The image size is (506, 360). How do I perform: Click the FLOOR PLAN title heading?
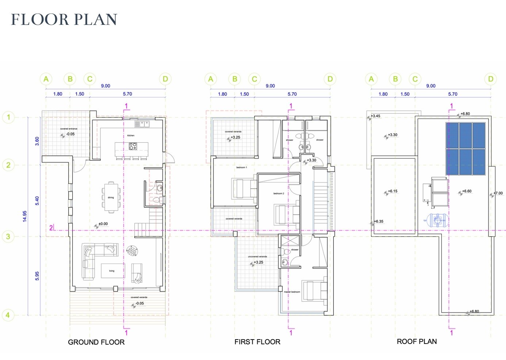pos(64,19)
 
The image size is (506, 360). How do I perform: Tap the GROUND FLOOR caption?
pos(96,342)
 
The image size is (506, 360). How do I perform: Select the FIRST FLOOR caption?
pos(257,342)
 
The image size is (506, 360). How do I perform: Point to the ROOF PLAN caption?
pos(417,341)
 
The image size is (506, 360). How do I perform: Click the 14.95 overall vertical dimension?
pos(24,216)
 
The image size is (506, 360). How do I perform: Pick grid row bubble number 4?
pos(8,315)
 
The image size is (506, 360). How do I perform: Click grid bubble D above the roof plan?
pos(491,79)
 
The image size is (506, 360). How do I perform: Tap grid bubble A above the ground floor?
pos(46,79)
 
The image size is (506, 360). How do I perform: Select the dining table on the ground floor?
pos(111,197)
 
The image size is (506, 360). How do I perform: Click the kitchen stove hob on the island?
pos(133,146)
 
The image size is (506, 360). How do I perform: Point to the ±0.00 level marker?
pos(103,224)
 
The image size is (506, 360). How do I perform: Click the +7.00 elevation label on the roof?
pos(498,193)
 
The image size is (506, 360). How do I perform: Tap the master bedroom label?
pos(292,292)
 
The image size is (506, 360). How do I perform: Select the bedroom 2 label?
pos(279,194)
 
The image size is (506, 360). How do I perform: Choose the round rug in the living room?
pos(132,250)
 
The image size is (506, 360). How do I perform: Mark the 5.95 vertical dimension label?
pos(37,276)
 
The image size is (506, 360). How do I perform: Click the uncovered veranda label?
pos(257,257)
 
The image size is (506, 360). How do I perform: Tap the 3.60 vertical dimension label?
pos(37,141)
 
